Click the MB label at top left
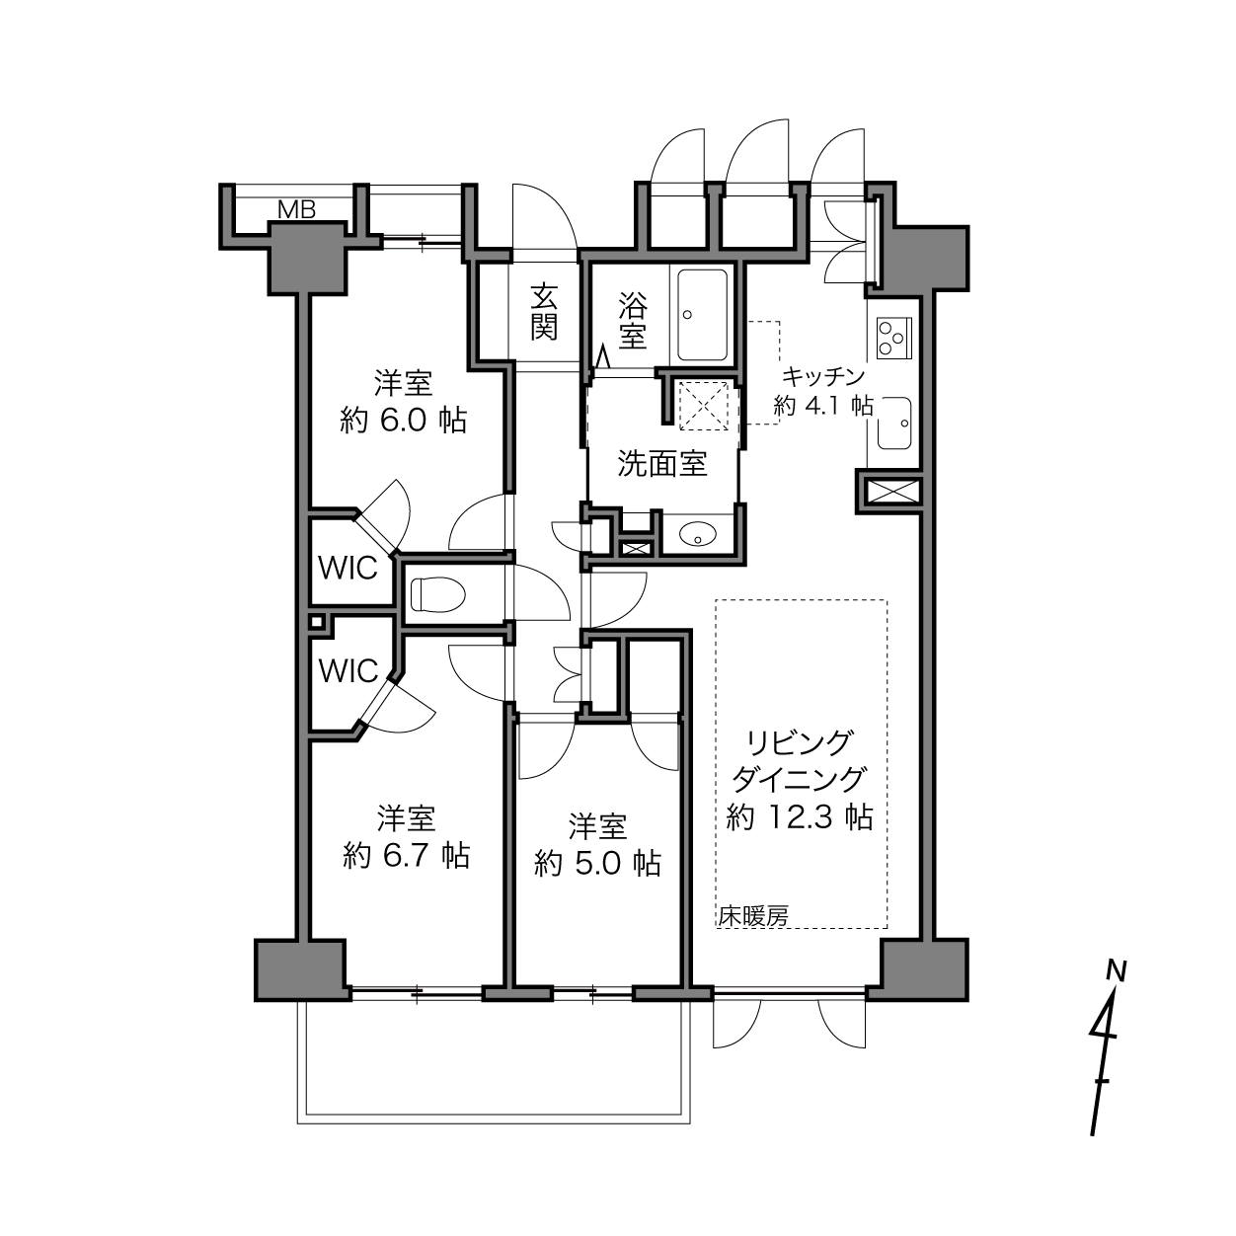(x=297, y=209)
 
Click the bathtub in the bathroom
(x=702, y=315)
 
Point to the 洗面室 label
(x=662, y=463)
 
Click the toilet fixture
(x=436, y=594)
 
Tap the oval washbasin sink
(x=698, y=533)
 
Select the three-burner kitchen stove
(x=893, y=338)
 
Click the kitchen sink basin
(x=894, y=423)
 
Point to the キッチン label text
(x=823, y=376)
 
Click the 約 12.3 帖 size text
(x=800, y=817)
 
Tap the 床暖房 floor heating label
(x=753, y=916)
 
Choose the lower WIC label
(x=348, y=671)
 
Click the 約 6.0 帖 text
(x=404, y=421)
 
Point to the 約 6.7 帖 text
(x=406, y=855)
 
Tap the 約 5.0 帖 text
(x=597, y=864)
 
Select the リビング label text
(x=799, y=743)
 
